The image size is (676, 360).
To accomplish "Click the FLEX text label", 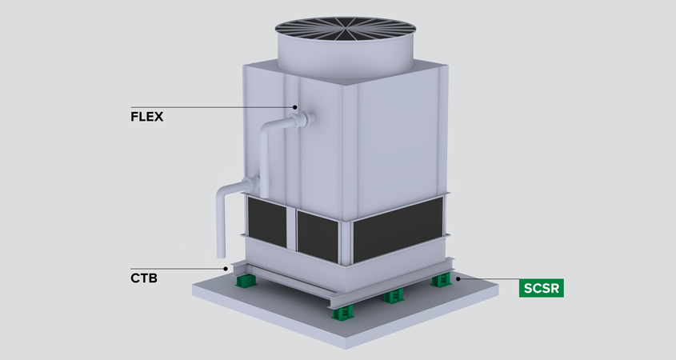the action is (146, 117).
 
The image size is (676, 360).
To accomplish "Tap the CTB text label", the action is (144, 278).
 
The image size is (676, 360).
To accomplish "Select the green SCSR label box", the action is (541, 287).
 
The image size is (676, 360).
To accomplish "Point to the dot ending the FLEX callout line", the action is (295, 107).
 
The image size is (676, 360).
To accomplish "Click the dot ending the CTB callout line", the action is (226, 269).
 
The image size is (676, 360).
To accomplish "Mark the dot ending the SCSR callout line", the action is (458, 278).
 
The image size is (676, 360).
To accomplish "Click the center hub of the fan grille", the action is (345, 27).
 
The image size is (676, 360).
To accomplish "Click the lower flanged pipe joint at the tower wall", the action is (251, 185).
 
